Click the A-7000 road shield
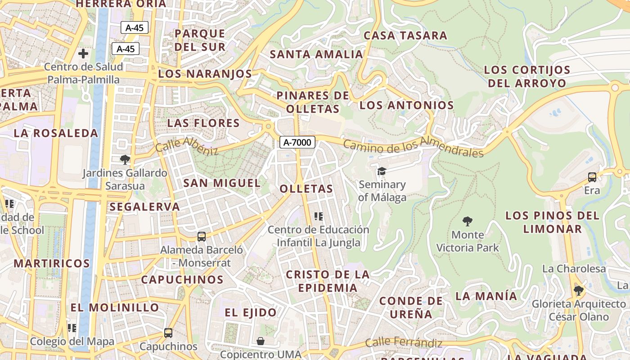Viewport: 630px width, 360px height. pyautogui.click(x=297, y=143)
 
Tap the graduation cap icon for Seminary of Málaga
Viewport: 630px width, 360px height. pyautogui.click(x=382, y=171)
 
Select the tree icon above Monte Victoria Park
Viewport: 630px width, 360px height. pyautogui.click(x=468, y=221)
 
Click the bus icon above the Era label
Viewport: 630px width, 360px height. pyautogui.click(x=592, y=177)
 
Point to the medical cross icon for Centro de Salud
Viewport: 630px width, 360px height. pyautogui.click(x=83, y=54)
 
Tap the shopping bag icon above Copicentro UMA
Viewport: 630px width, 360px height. pyautogui.click(x=260, y=341)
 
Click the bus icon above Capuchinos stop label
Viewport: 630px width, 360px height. pyautogui.click(x=168, y=333)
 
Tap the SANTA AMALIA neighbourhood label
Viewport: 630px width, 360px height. pyautogui.click(x=316, y=54)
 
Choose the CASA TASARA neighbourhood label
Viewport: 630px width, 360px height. pyautogui.click(x=405, y=36)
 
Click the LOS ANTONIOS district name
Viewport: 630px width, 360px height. pyautogui.click(x=406, y=105)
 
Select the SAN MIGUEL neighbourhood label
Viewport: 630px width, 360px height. pyautogui.click(x=222, y=183)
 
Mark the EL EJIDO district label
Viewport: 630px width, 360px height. pyautogui.click(x=251, y=313)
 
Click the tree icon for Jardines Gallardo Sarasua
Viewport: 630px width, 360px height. pyautogui.click(x=125, y=159)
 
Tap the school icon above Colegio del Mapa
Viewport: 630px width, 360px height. pyautogui.click(x=72, y=328)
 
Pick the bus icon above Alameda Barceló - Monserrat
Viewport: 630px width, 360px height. pyautogui.click(x=202, y=236)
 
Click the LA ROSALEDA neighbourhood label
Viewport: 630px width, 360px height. pyautogui.click(x=56, y=133)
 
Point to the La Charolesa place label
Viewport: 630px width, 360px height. pyautogui.click(x=574, y=269)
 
